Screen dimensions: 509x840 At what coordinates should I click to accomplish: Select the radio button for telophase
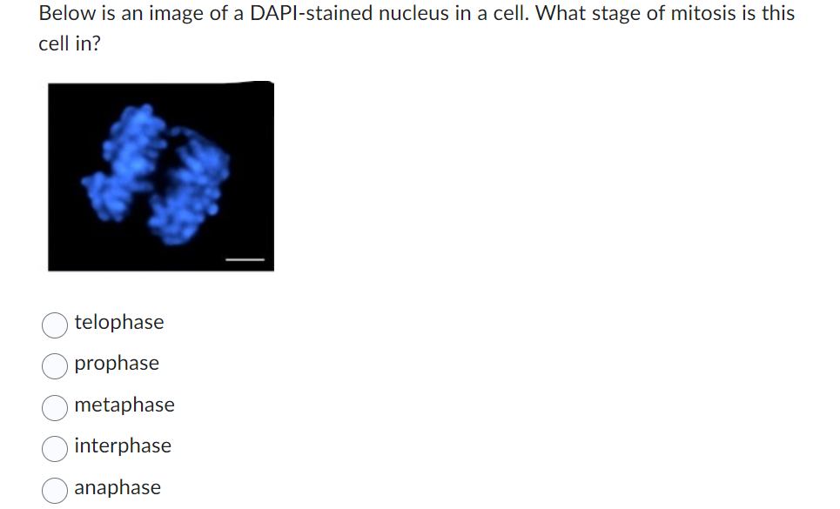point(55,324)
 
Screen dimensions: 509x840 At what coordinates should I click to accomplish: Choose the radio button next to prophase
point(55,365)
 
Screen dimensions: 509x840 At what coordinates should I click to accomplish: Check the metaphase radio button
point(55,406)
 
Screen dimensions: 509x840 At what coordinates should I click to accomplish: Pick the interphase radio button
point(55,447)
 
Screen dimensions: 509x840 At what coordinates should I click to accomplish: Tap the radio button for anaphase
point(55,489)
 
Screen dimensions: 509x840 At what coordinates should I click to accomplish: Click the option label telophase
point(118,323)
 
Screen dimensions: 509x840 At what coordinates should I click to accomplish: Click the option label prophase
point(117,364)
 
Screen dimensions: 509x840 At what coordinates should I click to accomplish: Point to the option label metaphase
point(124,405)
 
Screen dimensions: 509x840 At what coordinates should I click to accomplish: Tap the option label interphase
point(123,446)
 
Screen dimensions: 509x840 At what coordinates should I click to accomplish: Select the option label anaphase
point(118,488)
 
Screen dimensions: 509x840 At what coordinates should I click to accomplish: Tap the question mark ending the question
point(95,44)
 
